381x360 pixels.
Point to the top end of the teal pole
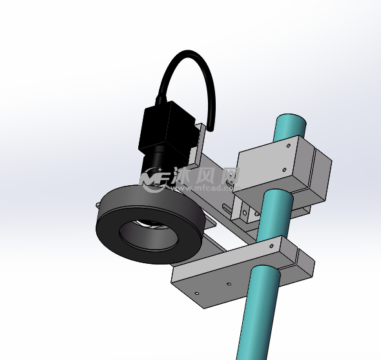[x=290, y=121]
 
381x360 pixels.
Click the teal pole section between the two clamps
[x=274, y=216]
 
